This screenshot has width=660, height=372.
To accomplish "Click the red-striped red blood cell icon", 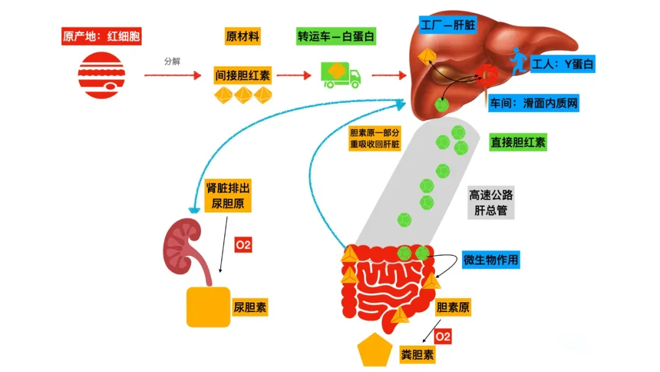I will click(101, 76).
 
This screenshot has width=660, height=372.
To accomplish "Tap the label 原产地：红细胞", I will click(101, 37).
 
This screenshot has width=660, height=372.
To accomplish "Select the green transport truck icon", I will click(340, 75).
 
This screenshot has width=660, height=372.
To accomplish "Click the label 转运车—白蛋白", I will click(335, 37).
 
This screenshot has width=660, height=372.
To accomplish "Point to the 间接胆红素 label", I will click(242, 76).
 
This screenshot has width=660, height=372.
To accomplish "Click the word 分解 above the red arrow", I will click(172, 62).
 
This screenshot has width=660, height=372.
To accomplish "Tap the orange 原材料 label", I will click(243, 37).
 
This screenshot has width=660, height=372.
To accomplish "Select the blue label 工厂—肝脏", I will click(449, 25).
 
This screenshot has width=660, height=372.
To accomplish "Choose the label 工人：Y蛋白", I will click(563, 64).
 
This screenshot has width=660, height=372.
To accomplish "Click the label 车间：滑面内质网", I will click(533, 103).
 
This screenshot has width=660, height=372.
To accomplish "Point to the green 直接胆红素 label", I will click(518, 143).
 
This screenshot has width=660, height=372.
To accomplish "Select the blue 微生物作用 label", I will click(491, 259).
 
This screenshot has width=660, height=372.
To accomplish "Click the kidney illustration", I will click(182, 247).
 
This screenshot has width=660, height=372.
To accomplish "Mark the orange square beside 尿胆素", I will click(208, 307).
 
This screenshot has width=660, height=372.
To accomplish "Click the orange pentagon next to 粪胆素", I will click(374, 351).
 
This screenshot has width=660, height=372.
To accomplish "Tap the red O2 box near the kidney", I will click(243, 246).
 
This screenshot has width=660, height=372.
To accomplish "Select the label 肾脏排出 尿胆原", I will click(228, 196).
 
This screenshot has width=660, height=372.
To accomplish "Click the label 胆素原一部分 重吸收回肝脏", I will click(375, 138).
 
